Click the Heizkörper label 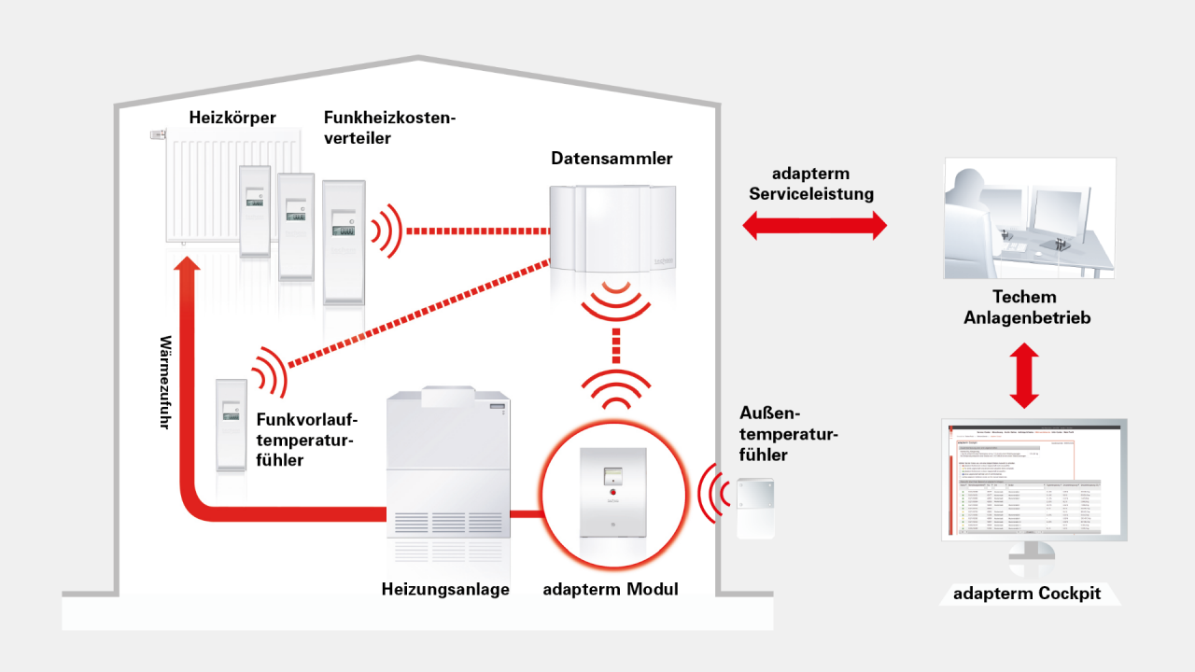232,119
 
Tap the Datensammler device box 612,229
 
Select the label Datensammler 612,159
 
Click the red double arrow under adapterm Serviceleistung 814,225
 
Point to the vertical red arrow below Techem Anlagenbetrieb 1024,375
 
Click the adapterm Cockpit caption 1027,594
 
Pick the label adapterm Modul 611,589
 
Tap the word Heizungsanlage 445,589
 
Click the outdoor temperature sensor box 756,509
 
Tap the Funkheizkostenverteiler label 388,128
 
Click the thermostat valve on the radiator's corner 157,135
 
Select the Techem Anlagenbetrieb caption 1024,307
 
